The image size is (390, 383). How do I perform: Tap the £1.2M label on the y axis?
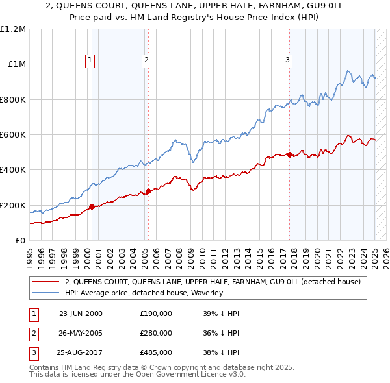(x=13, y=29)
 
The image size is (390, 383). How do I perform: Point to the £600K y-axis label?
(x=13, y=135)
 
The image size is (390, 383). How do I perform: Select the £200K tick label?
(x=13, y=205)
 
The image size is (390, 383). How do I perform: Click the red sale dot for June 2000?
(x=92, y=207)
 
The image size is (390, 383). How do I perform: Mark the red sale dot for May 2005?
(x=148, y=191)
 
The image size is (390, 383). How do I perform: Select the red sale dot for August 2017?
(x=289, y=155)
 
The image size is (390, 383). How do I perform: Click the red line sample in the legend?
(x=44, y=282)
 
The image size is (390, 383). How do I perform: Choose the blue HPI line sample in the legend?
(x=44, y=293)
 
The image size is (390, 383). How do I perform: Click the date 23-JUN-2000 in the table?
(x=81, y=314)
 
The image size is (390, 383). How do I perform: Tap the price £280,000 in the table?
(x=156, y=333)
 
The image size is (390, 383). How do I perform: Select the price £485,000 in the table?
(x=156, y=352)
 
